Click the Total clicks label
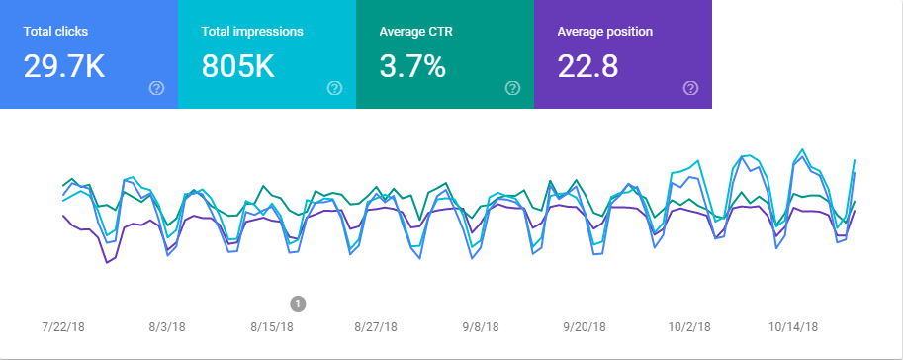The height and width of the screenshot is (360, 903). tap(55, 32)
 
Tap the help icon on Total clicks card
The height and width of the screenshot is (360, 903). tap(156, 88)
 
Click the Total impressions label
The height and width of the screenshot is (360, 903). tap(252, 32)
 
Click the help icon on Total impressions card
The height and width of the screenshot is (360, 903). tap(334, 88)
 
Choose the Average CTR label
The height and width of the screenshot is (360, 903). tap(417, 32)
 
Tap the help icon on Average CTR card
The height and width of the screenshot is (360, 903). tap(512, 88)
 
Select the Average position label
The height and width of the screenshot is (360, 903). tap(604, 32)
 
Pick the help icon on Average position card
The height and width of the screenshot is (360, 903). tap(690, 88)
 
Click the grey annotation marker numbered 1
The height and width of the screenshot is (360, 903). tap(299, 303)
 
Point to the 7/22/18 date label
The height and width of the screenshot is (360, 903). tap(64, 326)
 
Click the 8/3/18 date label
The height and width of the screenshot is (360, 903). tap(166, 326)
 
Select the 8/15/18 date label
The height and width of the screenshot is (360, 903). tap(271, 326)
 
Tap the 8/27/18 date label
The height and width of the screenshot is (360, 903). tap(376, 326)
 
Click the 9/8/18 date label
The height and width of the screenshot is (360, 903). tap(481, 326)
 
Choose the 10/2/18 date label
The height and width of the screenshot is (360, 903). tap(688, 326)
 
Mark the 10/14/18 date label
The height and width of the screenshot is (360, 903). tap(793, 326)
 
